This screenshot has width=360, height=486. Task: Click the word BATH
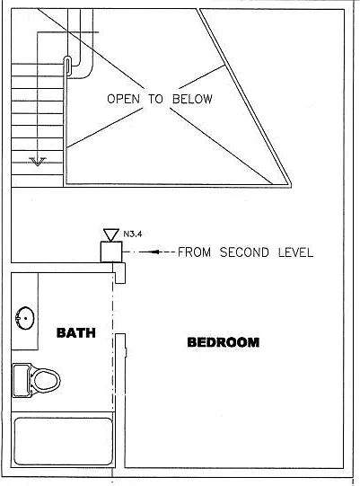tap(76, 332)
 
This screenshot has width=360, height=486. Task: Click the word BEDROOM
tap(224, 342)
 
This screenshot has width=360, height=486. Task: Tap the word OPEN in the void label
tap(123, 99)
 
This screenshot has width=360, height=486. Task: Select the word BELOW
tap(192, 99)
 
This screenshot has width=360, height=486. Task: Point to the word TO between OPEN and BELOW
tap(155, 99)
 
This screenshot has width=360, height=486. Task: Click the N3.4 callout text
tap(133, 234)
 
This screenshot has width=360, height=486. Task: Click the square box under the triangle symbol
tap(111, 252)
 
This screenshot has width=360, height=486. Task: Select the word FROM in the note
tap(194, 252)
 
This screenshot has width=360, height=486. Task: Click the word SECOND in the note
tap(244, 252)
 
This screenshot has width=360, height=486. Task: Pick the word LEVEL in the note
tap(295, 252)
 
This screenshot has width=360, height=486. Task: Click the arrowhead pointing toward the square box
tap(156, 252)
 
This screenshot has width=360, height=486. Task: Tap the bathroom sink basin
tap(25, 318)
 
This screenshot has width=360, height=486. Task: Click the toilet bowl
tap(47, 380)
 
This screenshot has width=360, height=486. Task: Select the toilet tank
tap(21, 381)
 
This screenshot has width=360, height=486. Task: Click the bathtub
tap(63, 441)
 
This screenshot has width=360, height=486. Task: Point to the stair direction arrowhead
tap(38, 161)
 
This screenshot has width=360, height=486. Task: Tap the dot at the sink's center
tap(25, 318)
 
